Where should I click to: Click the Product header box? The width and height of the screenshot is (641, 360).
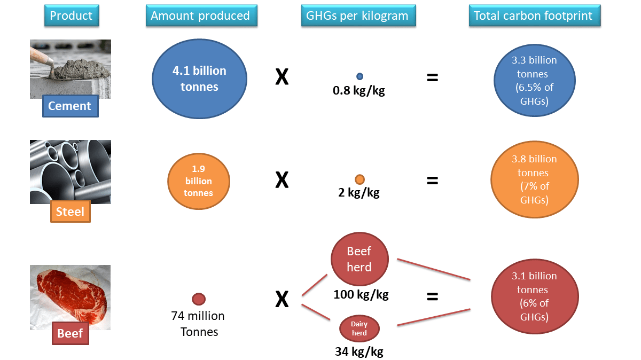(71, 15)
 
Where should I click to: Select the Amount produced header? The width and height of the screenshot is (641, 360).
(200, 15)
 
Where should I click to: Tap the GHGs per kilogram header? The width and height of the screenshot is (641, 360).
(357, 15)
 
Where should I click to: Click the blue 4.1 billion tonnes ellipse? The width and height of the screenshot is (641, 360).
(199, 79)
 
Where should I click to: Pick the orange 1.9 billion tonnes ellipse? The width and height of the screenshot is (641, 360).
(198, 181)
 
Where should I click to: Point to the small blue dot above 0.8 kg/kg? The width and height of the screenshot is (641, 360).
(359, 76)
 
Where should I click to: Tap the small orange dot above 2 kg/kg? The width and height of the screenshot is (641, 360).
(359, 179)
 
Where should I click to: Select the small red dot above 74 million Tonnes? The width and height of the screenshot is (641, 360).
(199, 299)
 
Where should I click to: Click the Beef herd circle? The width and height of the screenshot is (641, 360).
(359, 259)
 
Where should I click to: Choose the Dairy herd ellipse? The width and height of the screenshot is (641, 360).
(359, 329)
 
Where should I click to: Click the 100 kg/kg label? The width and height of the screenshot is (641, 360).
(361, 294)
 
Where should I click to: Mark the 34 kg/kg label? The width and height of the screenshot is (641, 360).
(359, 351)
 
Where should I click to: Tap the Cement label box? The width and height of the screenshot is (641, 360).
(70, 106)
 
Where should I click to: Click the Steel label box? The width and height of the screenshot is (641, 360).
(70, 212)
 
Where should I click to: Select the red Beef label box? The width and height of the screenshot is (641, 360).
(70, 333)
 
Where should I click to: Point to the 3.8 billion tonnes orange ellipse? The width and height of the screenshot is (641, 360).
(534, 179)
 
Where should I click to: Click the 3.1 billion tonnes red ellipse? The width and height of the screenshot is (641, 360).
(534, 296)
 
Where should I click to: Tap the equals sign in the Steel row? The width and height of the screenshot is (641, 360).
(432, 181)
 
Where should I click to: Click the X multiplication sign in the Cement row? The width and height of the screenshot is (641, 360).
(282, 78)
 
